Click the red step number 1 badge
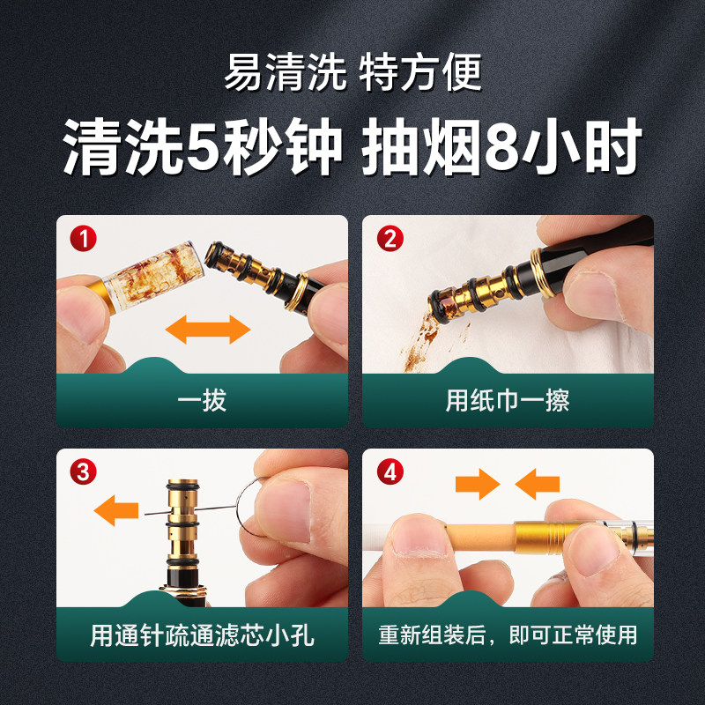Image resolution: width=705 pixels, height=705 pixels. click(83, 238)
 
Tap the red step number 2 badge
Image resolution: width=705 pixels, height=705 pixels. click(390, 238)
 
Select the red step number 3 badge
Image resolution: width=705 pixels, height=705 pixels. click(83, 471)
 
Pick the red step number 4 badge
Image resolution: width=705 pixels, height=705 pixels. click(390, 471)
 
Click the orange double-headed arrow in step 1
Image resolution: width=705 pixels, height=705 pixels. click(208, 329)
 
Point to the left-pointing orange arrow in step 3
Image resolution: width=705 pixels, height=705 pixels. click(116, 510)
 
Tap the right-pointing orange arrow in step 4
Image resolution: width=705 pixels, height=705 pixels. click(478, 484)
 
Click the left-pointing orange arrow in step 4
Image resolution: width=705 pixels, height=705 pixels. click(538, 484)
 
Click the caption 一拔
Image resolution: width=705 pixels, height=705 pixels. click(202, 400)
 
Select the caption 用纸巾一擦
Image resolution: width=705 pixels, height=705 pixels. click(508, 400)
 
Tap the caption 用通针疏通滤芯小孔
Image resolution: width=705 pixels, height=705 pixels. click(202, 635)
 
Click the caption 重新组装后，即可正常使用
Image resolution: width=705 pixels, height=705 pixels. click(508, 635)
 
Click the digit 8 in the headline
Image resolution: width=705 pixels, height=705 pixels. click(502, 147)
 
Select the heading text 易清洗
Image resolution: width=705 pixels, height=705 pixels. click(285, 72)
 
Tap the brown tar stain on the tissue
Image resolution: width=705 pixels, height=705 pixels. click(420, 342)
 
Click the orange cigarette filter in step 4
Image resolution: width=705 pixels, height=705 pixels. click(480, 537)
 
